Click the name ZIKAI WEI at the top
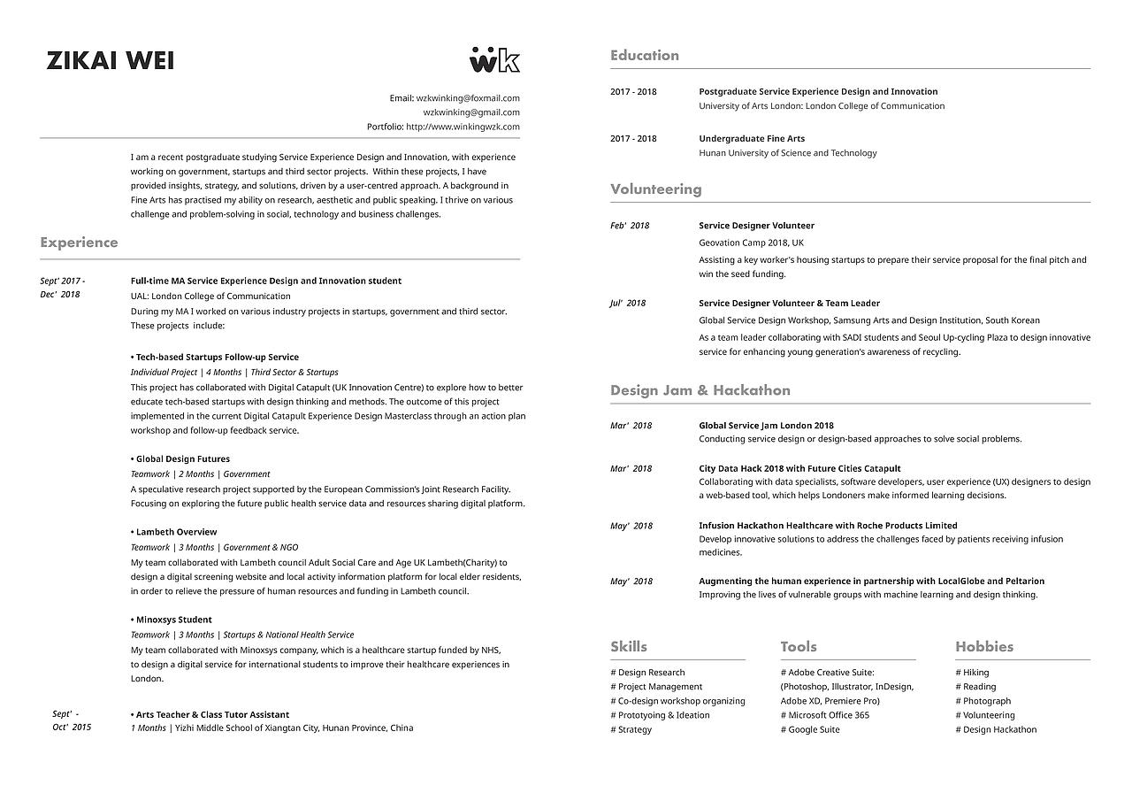pyautogui.click(x=111, y=60)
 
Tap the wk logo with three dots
pyautogui.click(x=494, y=59)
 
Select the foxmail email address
pyautogui.click(x=468, y=98)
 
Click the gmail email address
pyautogui.click(x=471, y=112)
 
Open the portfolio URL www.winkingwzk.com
pyautogui.click(x=463, y=127)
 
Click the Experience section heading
pyautogui.click(x=79, y=243)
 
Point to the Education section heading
pyautogui.click(x=645, y=56)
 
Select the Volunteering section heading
pyautogui.click(x=655, y=189)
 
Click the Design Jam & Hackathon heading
pyautogui.click(x=700, y=390)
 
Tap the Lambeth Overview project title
pyautogui.click(x=176, y=532)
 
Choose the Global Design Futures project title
pyautogui.click(x=182, y=459)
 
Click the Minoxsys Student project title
pyautogui.click(x=173, y=620)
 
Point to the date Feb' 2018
pyautogui.click(x=630, y=226)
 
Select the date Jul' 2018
pyautogui.click(x=628, y=303)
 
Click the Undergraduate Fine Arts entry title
pyautogui.click(x=752, y=139)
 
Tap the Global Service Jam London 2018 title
pyautogui.click(x=766, y=426)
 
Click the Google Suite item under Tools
pyautogui.click(x=810, y=730)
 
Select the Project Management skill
pyautogui.click(x=656, y=687)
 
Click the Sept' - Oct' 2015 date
pyautogui.click(x=72, y=720)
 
